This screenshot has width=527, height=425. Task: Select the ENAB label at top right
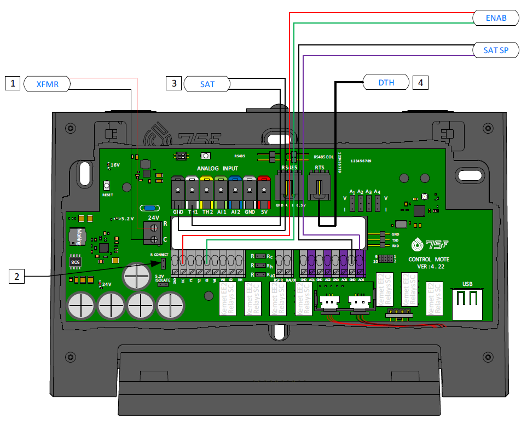click(496, 18)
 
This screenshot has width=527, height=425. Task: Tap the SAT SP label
click(496, 50)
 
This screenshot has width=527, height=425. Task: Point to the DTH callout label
click(386, 83)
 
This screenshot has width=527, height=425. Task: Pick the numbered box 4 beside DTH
click(420, 83)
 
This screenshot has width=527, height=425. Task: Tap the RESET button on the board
click(107, 187)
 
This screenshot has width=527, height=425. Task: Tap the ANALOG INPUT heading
click(218, 168)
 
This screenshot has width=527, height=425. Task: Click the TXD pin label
click(395, 240)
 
